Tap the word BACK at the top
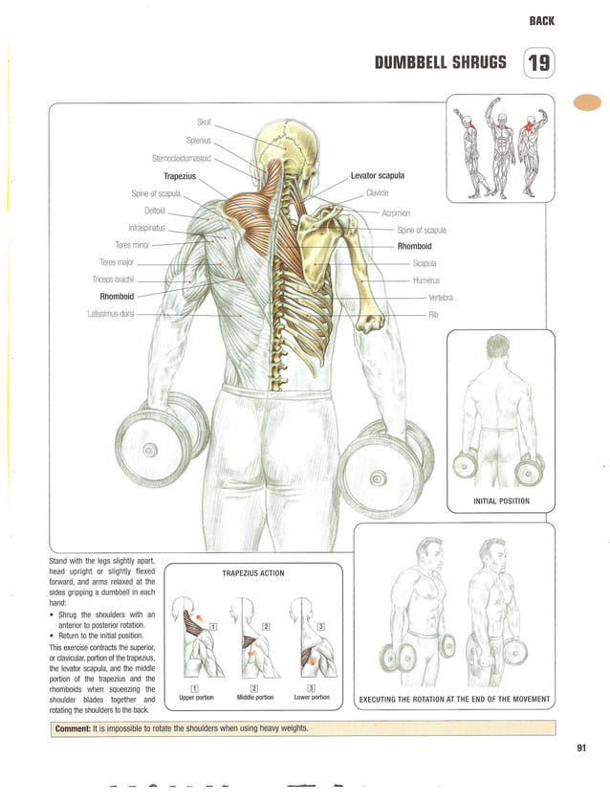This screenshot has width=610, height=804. pos(541,20)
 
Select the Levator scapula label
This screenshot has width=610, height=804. pos(377,176)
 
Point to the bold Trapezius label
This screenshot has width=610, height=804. pos(179,176)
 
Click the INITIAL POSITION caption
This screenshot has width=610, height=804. pos(500,501)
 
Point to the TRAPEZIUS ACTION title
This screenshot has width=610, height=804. pos(252,573)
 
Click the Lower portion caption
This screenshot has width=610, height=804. pos(312,697)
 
